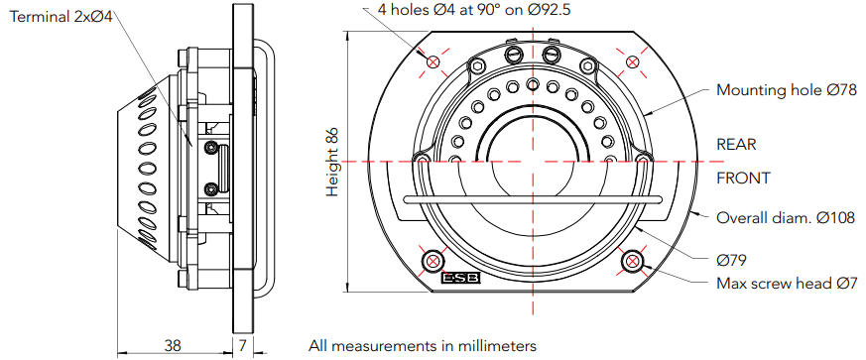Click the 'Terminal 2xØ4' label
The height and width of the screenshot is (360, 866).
pos(62,17)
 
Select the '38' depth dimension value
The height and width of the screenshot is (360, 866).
pos(173,346)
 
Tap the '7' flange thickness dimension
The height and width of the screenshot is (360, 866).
pos(242,346)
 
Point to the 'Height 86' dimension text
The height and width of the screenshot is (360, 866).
pos(332,162)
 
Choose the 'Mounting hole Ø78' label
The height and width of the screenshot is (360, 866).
pos(787,90)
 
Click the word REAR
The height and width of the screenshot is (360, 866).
pos(736,145)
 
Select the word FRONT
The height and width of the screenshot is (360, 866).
pos(743,179)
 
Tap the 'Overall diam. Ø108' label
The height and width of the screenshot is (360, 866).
pos(786,217)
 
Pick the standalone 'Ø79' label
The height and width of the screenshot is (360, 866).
pos(732,260)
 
